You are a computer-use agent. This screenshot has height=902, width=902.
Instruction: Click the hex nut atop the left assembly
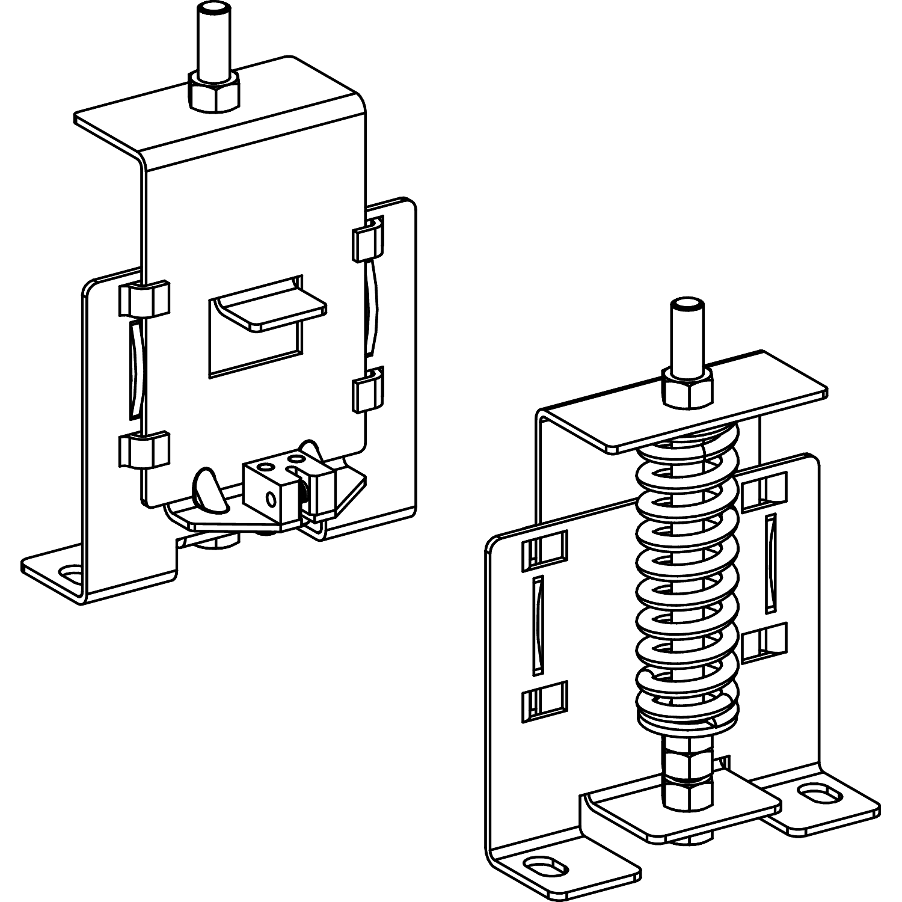click(214, 93)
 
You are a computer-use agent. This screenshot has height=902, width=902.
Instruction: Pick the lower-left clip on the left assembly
click(144, 449)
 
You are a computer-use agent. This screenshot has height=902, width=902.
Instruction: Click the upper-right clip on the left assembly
click(367, 241)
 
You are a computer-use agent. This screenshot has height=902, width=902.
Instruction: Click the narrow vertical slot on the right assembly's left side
click(538, 625)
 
